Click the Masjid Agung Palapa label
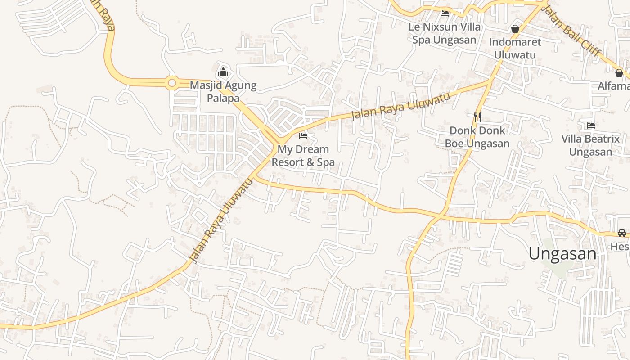[223, 91]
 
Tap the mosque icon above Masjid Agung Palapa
[223, 72]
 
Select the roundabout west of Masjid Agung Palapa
[171, 83]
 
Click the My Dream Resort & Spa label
[303, 155]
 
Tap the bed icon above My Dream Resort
[303, 135]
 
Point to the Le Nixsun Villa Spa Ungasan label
[444, 33]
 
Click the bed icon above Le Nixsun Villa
[445, 13]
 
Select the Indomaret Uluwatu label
[515, 48]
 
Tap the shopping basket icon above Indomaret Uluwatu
[515, 29]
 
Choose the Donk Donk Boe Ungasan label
[477, 137]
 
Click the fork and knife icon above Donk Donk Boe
[477, 117]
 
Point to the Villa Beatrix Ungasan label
[590, 145]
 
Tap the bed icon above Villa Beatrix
[591, 125]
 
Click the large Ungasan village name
[562, 254]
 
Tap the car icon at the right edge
[621, 233]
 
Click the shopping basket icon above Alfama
[619, 72]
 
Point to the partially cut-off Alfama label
[614, 85]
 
